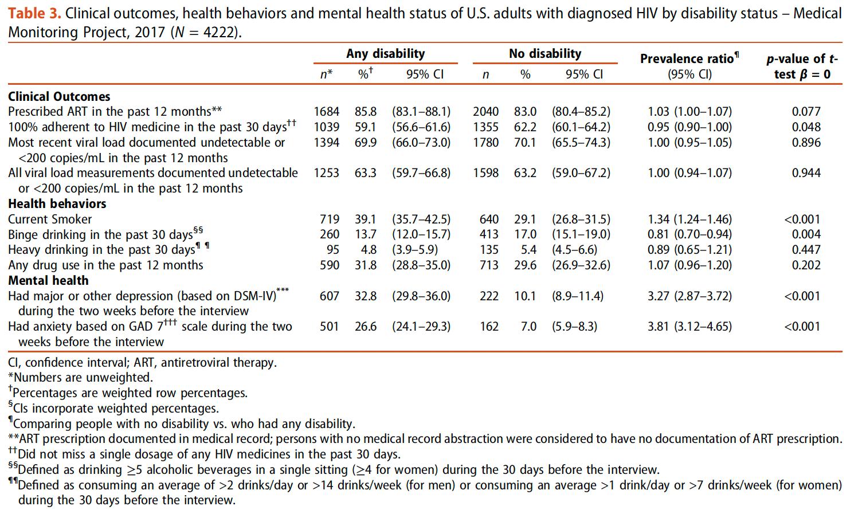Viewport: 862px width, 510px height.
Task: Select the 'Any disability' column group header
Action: pyautogui.click(x=385, y=54)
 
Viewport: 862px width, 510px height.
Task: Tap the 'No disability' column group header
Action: pyautogui.click(x=544, y=54)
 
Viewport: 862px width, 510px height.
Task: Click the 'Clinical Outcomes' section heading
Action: pyautogui.click(x=59, y=96)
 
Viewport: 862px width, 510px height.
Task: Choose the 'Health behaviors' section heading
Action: pyautogui.click(x=57, y=203)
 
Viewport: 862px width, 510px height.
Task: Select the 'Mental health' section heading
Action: pyautogui.click(x=48, y=280)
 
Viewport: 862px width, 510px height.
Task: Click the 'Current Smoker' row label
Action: pyautogui.click(x=50, y=219)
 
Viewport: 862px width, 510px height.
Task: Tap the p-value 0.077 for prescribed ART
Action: pyautogui.click(x=806, y=112)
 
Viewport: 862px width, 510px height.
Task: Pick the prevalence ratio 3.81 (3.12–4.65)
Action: pyautogui.click(x=689, y=327)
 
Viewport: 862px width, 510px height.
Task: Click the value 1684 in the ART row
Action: pyautogui.click(x=326, y=112)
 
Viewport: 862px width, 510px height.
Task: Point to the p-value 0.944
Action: pyautogui.click(x=806, y=173)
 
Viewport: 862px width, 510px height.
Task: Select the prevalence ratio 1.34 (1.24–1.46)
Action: pyautogui.click(x=689, y=219)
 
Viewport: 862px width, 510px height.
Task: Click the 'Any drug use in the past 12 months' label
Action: pyautogui.click(x=105, y=265)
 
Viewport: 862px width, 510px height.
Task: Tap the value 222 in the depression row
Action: pyautogui.click(x=489, y=296)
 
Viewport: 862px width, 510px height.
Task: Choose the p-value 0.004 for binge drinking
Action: pyautogui.click(x=806, y=234)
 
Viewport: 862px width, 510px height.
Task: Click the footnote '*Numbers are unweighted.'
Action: pyautogui.click(x=80, y=378)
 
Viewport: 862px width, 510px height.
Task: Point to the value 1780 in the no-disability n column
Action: pyautogui.click(x=485, y=142)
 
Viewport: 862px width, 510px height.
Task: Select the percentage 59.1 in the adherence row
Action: pyautogui.click(x=365, y=127)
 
